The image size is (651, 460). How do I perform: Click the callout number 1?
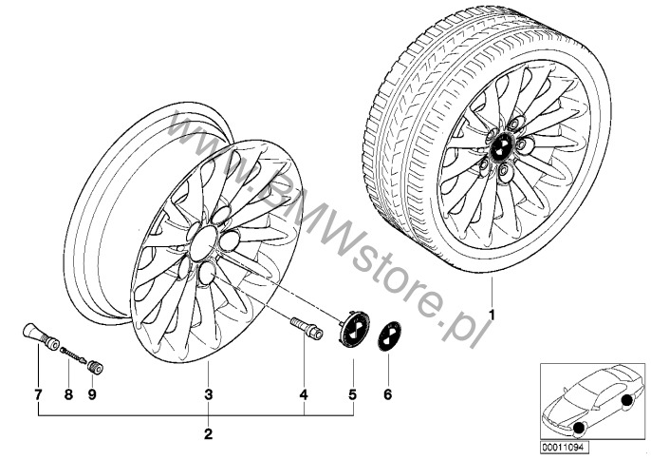point(492,316)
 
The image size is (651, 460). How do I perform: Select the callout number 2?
point(209,434)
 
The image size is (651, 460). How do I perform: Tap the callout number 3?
point(209,394)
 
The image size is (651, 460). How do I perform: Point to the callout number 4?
point(304,394)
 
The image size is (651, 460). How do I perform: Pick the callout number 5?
point(352,394)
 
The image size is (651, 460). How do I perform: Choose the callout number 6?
point(388,394)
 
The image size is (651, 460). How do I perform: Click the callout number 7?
point(38,394)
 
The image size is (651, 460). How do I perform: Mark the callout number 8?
point(68,394)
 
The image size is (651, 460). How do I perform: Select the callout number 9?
point(92,394)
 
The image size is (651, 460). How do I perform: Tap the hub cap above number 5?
point(353,329)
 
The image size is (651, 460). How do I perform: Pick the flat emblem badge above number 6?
point(389,336)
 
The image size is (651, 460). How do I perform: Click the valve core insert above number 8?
point(73,355)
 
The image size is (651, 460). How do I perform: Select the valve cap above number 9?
point(96,368)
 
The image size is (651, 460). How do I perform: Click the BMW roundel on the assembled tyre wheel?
point(500,147)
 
